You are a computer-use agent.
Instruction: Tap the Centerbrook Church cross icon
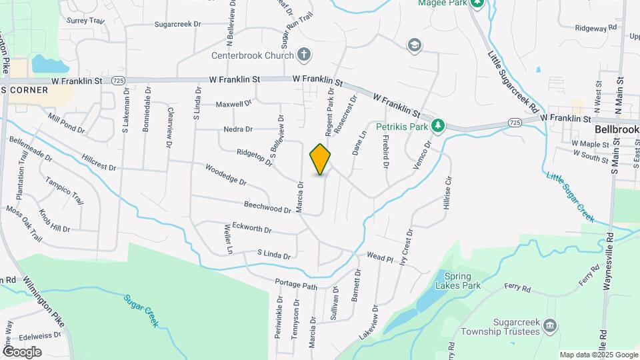coord(303,55)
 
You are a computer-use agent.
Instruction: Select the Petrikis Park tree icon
coord(437,125)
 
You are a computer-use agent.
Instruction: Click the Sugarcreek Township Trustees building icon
coord(550,325)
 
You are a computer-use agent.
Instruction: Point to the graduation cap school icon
coord(415,45)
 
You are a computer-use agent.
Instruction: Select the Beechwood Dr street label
coord(268,208)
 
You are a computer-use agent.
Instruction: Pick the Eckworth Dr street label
coord(252,229)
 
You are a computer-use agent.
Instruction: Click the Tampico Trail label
coord(64,191)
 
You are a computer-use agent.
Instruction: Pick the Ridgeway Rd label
coord(596,28)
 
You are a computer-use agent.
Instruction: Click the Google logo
coord(22,351)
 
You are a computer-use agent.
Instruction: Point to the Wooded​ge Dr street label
coord(226,175)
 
